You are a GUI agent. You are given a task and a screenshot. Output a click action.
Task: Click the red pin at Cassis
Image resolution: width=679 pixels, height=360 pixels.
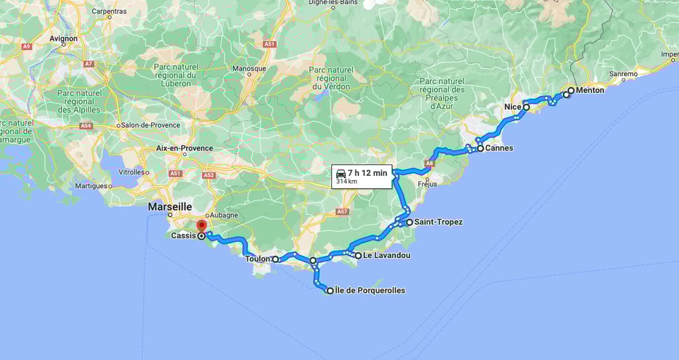point(201,226)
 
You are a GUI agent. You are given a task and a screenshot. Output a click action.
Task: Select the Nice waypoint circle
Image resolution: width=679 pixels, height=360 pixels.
point(526,107)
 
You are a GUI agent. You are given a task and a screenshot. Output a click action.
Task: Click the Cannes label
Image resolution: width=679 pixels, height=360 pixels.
point(499,148)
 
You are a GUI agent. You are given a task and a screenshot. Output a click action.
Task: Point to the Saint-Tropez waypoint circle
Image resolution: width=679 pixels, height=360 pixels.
point(409,222)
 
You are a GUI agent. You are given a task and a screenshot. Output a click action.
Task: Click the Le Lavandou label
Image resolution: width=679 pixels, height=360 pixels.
point(386,256)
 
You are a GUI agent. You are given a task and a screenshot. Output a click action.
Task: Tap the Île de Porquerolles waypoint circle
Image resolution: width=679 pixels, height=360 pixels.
point(331,291)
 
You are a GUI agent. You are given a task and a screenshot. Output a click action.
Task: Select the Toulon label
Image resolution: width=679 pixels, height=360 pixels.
point(257,259)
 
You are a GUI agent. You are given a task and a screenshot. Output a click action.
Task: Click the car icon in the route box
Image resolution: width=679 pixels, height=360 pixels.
point(341,174)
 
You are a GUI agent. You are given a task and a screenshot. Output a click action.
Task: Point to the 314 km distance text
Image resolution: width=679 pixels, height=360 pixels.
point(346,182)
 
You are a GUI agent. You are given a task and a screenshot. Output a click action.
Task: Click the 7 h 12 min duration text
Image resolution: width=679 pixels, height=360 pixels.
point(367,173)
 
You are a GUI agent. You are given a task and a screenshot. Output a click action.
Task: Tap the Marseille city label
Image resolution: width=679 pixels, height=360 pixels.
point(170,206)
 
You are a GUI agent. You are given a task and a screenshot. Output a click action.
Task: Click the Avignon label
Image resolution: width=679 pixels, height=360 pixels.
point(63,39)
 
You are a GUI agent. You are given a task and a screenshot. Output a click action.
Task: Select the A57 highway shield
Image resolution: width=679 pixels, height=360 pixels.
point(342,212)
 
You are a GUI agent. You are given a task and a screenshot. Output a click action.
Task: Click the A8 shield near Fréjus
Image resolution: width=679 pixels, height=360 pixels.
point(429,163)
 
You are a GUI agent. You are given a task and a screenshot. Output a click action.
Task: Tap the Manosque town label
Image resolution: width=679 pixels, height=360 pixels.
point(251,69)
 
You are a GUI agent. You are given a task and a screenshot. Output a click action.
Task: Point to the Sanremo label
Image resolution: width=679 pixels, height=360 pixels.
point(623,73)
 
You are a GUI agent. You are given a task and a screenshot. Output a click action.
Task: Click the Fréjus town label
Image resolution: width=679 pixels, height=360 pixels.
point(428,183)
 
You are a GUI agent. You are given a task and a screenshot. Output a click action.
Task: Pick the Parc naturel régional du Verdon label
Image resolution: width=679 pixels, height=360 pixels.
point(331,78)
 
